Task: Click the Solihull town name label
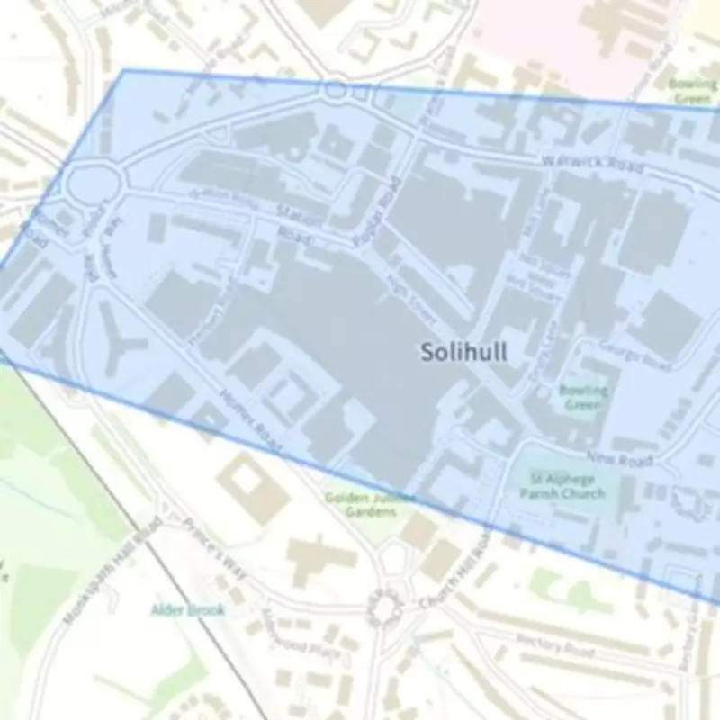[x=463, y=352]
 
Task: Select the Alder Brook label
[x=187, y=610]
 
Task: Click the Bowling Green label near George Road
[x=583, y=398]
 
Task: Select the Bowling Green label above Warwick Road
[x=692, y=91]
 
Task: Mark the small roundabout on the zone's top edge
[x=337, y=91]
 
